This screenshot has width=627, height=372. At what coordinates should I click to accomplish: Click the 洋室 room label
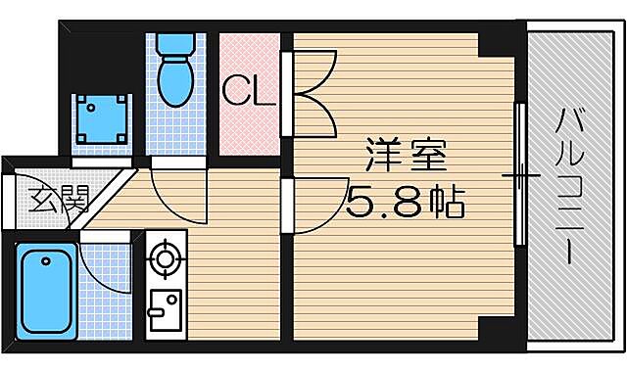tap(406, 157)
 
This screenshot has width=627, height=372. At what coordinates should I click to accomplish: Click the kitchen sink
tap(164, 313)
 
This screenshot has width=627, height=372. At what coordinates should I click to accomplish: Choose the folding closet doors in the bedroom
tap(313, 93)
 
